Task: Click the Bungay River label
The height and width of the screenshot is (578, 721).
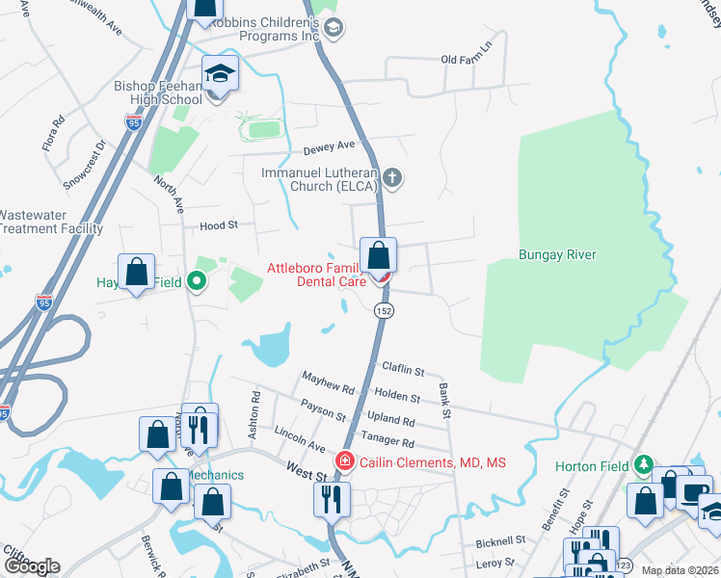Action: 557,255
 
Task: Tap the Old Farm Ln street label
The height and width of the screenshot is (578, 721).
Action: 467,60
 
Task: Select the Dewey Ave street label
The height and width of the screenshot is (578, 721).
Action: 330,145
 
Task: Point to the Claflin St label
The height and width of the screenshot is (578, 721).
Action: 403,369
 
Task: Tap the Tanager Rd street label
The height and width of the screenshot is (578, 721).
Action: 389,443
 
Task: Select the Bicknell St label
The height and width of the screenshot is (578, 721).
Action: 498,541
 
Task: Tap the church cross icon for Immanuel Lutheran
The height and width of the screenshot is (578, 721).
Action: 391,177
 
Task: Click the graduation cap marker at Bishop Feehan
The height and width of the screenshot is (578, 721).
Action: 220,75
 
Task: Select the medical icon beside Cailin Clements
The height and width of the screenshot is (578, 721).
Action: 343,462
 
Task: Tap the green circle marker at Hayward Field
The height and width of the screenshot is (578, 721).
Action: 197,282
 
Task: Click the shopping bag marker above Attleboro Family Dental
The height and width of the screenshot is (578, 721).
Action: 379,256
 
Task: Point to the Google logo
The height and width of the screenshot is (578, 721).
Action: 31,566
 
